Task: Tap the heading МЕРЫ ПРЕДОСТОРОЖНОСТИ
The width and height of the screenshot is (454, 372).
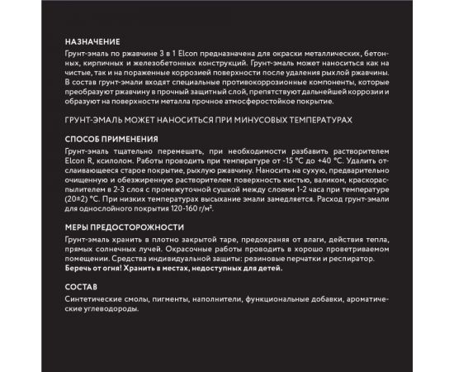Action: [x=123, y=227]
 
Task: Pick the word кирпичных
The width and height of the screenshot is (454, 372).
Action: [x=87, y=62]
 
